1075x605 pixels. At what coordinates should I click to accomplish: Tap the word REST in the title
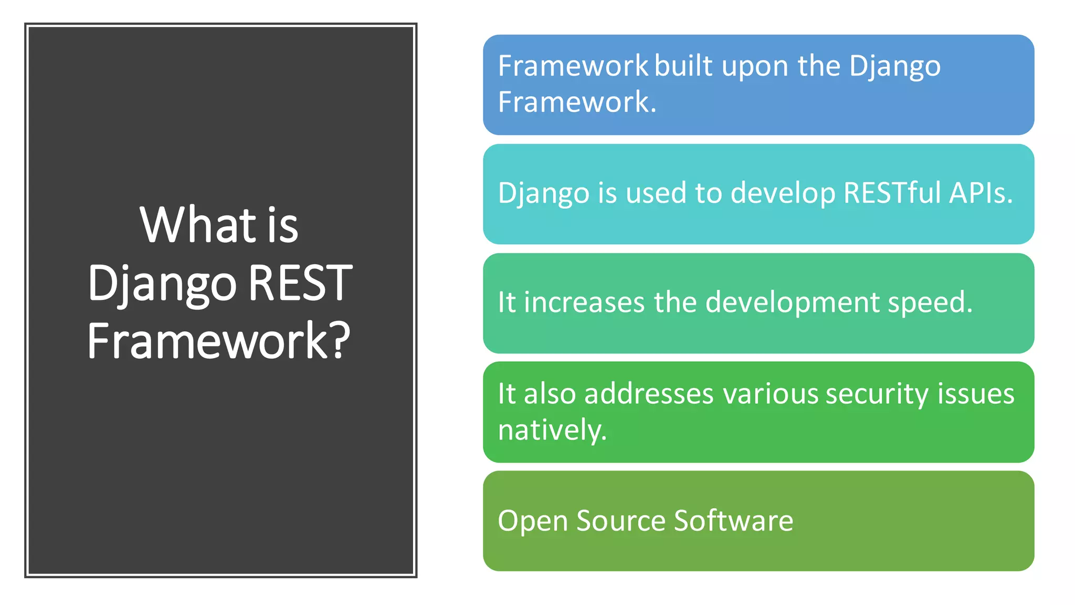point(300,283)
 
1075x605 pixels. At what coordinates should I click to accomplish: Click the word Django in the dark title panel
point(162,284)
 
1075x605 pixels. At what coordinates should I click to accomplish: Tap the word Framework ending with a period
point(576,102)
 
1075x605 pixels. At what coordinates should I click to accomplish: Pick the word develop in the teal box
point(782,194)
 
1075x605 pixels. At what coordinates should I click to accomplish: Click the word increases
point(584,302)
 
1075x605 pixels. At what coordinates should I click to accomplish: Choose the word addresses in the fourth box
point(649,394)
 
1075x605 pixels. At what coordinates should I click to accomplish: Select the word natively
point(552,430)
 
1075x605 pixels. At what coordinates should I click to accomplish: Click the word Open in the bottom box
point(533,521)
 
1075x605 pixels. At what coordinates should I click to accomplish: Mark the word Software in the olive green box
point(733,521)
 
